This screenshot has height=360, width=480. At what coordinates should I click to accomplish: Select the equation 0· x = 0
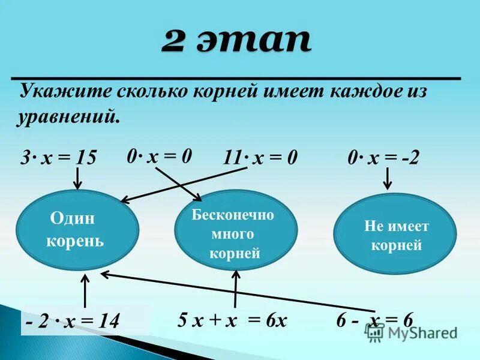tap(159, 157)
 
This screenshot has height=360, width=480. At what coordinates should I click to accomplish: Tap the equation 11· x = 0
tap(260, 158)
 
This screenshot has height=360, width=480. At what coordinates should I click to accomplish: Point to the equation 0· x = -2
tap(383, 158)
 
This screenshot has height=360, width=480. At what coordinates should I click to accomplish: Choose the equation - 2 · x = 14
tap(73, 322)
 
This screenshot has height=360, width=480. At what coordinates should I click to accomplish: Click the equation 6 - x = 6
tap(374, 320)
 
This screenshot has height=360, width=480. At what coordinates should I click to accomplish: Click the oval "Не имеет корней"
tap(395, 235)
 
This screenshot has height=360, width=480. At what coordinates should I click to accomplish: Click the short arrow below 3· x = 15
tap(77, 177)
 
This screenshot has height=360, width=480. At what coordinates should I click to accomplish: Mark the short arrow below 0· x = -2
tap(388, 178)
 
